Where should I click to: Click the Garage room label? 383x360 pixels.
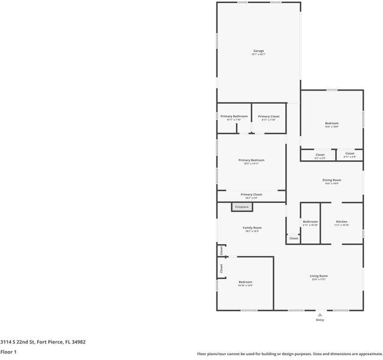(x=258, y=51)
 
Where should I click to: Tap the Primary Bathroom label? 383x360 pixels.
(x=234, y=116)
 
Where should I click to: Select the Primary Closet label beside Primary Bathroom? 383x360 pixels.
(x=269, y=116)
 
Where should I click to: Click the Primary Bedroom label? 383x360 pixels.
(x=251, y=160)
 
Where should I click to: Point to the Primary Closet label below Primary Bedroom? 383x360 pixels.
(x=251, y=194)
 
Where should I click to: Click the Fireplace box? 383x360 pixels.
(x=242, y=207)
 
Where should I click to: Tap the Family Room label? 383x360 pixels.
(x=252, y=228)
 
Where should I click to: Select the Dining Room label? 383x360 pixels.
(x=332, y=180)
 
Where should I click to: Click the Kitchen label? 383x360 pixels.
(x=342, y=221)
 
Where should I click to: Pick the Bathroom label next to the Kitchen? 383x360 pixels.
(x=310, y=221)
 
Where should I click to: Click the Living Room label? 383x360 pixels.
(x=318, y=276)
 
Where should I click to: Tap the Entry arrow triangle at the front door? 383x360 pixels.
(x=320, y=314)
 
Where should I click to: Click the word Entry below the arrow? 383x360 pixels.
(x=320, y=320)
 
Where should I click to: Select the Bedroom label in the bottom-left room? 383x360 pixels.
(x=245, y=282)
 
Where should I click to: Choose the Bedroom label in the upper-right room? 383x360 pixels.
(x=331, y=123)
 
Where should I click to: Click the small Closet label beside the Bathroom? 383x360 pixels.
(x=293, y=238)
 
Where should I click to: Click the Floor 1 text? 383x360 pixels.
(x=8, y=352)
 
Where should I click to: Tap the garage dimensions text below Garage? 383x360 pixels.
(x=258, y=55)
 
